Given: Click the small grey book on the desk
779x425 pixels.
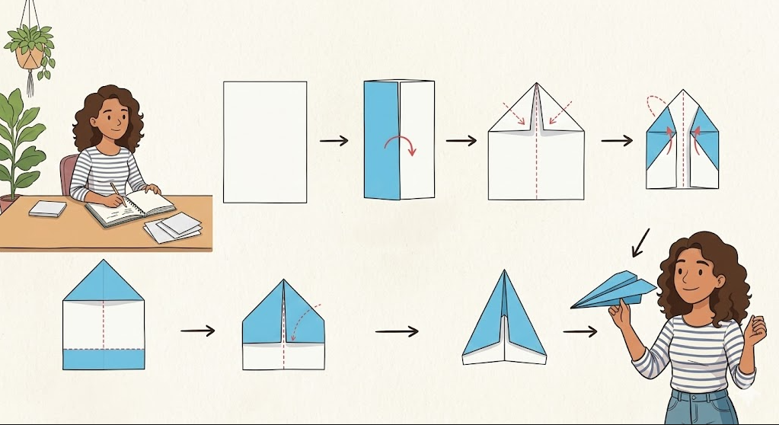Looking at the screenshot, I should (47, 208).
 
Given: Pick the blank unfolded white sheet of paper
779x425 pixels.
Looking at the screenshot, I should (264, 142).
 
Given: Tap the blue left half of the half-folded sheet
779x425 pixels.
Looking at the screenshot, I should (381, 139).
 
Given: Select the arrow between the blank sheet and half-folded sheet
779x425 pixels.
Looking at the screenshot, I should (334, 141).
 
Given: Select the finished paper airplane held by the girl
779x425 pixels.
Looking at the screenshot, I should (613, 290).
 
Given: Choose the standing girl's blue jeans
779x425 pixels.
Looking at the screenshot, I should (699, 407).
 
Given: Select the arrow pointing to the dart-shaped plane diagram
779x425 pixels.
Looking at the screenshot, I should (396, 331).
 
